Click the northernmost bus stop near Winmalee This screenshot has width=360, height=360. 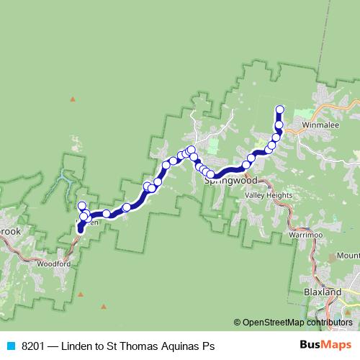tap(280, 109)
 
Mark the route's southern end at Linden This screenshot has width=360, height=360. tap(80, 230)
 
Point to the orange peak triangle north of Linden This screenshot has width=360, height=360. tap(72, 98)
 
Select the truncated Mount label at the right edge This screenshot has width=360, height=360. tap(347, 256)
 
